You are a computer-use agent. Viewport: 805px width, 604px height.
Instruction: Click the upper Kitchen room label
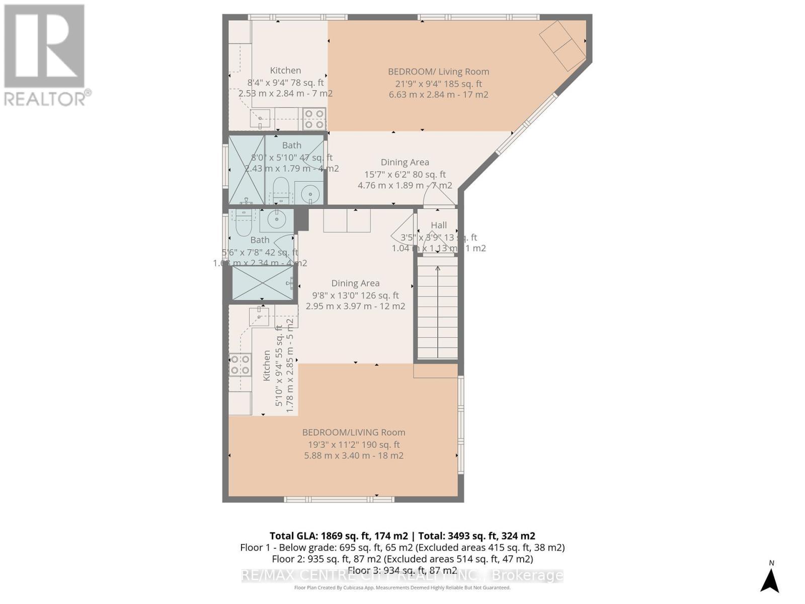[285, 70]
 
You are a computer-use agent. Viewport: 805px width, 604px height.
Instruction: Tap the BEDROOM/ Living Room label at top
[438, 71]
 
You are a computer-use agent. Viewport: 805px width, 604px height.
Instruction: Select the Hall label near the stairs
[439, 225]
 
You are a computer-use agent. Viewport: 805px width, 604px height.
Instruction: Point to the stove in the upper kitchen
[314, 119]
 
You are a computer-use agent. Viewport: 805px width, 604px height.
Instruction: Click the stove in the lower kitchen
[239, 365]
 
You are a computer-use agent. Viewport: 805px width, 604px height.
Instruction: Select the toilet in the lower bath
[243, 224]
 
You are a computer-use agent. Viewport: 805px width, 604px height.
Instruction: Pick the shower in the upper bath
[247, 169]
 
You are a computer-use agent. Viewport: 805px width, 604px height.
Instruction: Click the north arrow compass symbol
[770, 579]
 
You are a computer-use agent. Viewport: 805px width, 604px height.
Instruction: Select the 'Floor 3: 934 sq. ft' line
[402, 570]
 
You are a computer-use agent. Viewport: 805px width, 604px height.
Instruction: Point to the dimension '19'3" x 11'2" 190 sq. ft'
[354, 444]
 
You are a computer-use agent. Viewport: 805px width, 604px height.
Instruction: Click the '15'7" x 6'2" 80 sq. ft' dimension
[405, 174]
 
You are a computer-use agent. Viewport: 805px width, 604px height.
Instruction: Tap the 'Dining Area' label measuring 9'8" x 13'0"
[355, 283]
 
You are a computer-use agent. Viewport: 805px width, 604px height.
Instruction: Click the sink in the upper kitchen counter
[260, 119]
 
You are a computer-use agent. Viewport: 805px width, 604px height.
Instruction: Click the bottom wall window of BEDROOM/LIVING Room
[339, 499]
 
